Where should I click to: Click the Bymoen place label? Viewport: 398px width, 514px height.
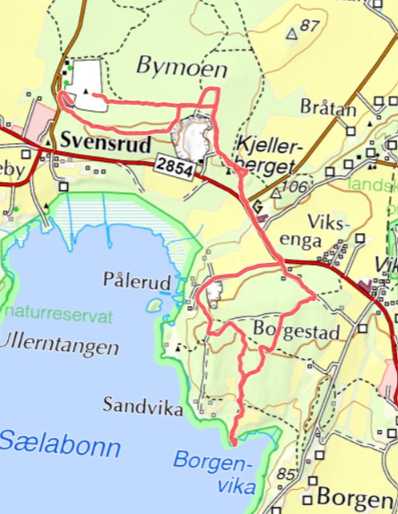(x=182, y=67)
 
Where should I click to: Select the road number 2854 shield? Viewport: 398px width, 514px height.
(x=175, y=165)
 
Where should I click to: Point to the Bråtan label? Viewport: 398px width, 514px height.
(x=328, y=107)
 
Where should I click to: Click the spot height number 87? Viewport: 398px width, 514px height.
(x=310, y=25)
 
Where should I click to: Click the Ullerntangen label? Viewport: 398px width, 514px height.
(x=59, y=347)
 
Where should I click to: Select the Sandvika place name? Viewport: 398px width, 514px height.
(x=143, y=405)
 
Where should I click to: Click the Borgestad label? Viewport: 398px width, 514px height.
(x=296, y=330)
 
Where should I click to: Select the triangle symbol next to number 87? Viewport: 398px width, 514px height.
(x=292, y=34)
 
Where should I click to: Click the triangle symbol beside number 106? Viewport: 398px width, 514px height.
(x=276, y=193)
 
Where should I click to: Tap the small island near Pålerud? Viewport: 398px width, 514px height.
(x=153, y=305)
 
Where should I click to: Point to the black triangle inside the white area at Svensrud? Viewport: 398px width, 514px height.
(x=85, y=91)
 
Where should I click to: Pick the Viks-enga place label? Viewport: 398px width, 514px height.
(x=324, y=231)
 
